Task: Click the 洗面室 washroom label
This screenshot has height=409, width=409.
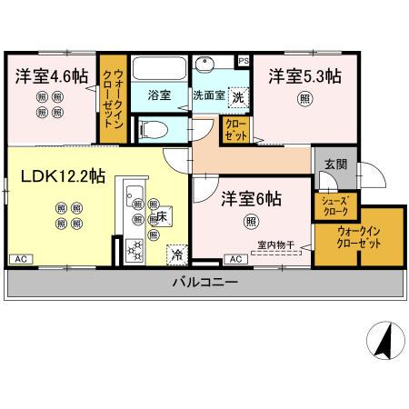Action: tap(204, 95)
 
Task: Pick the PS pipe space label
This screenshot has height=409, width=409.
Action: tap(243, 60)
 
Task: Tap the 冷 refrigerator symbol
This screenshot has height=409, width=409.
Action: tap(175, 254)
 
